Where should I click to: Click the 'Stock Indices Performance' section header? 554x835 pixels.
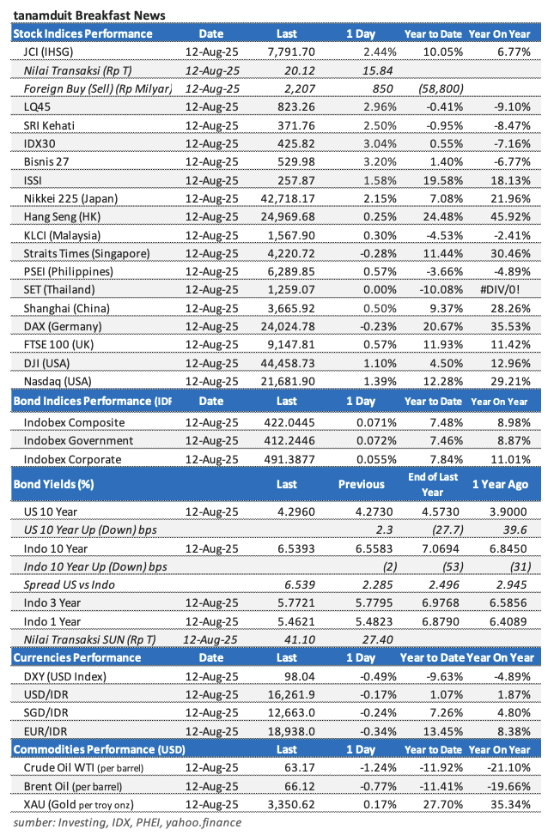point(82,34)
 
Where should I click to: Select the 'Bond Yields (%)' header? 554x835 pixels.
point(54,484)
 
